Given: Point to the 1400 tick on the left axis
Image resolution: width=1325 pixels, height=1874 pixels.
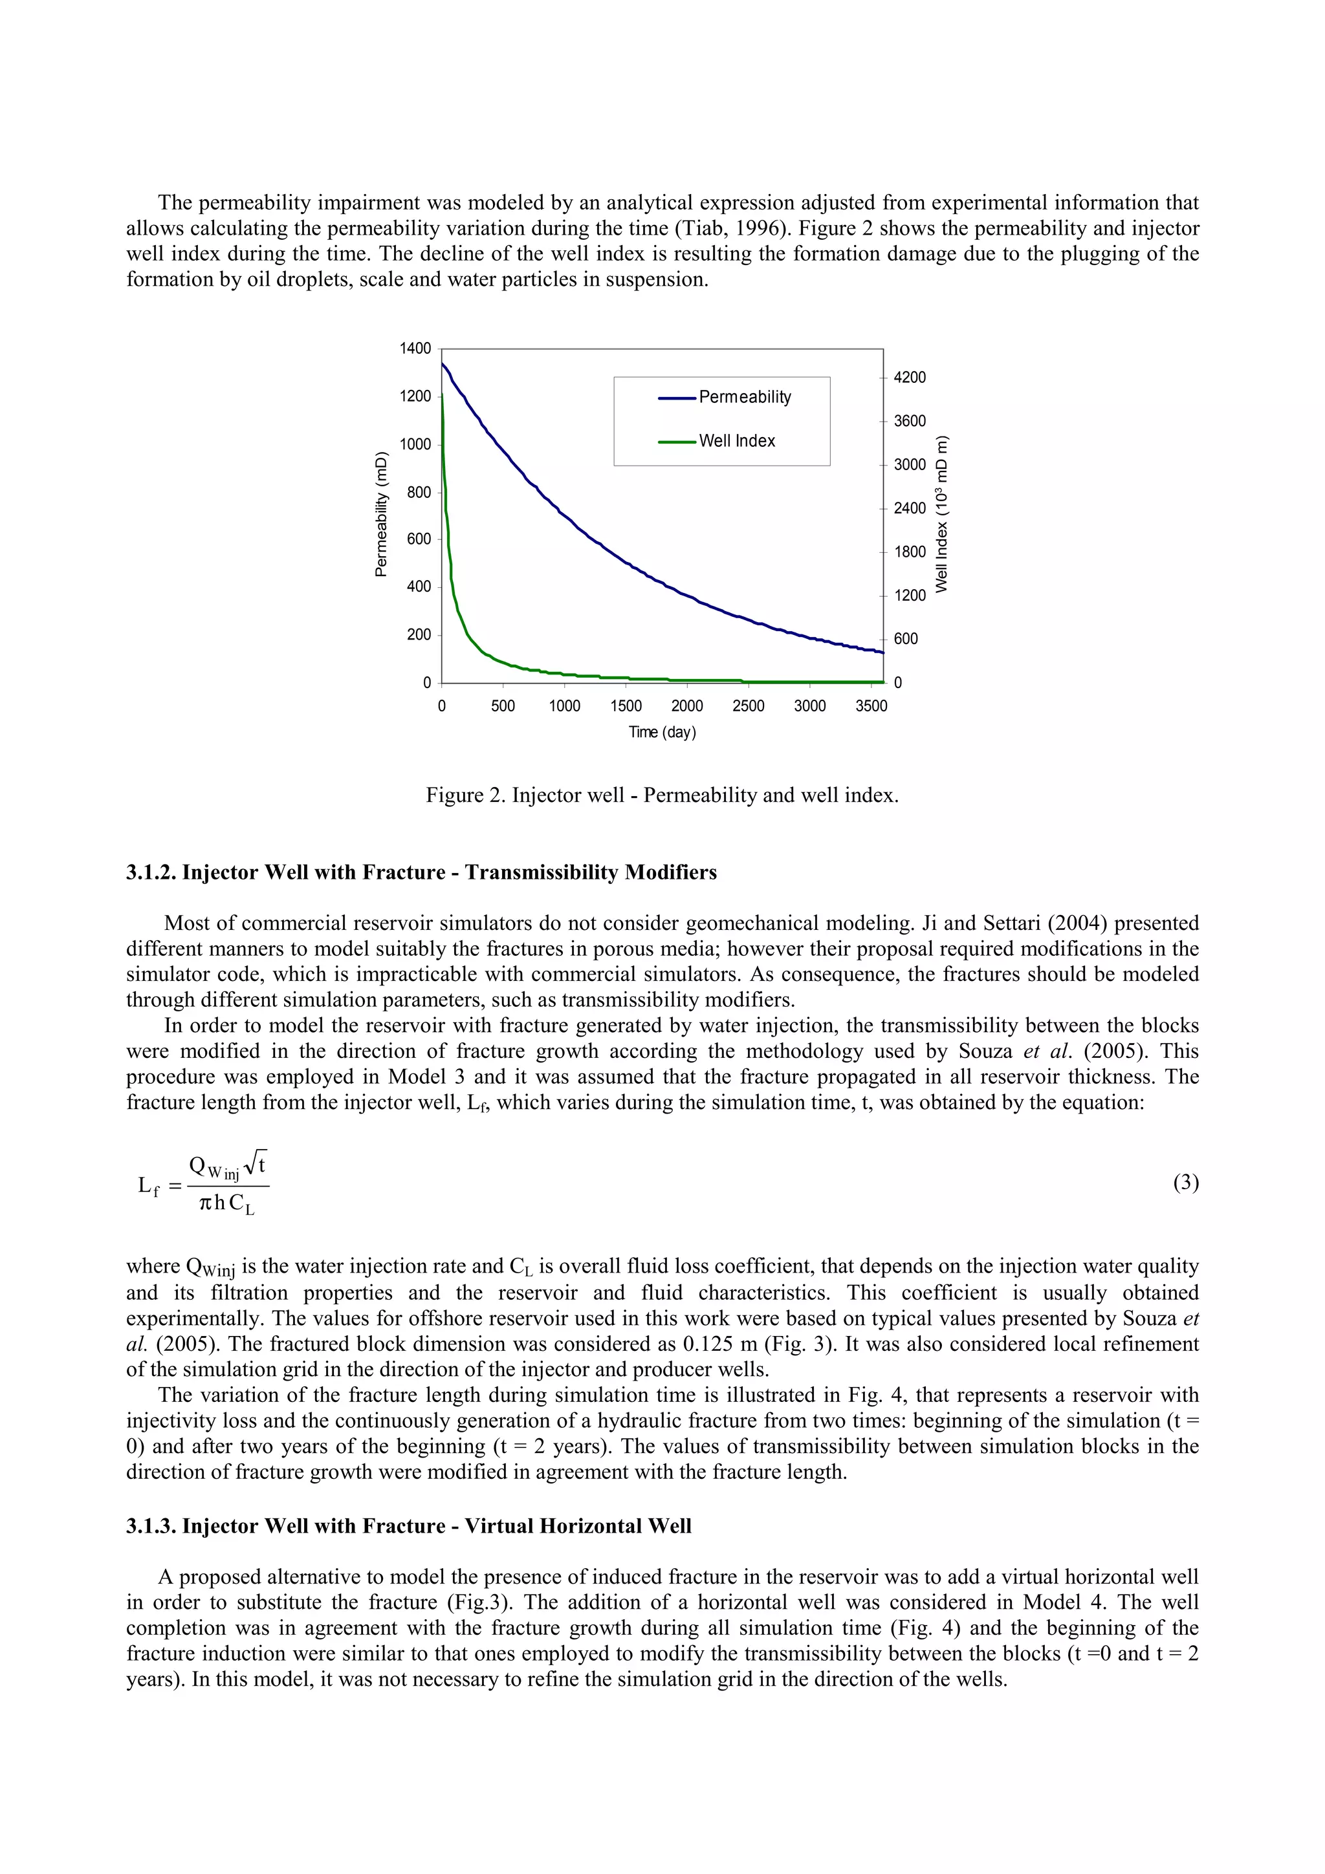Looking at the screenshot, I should tap(415, 349).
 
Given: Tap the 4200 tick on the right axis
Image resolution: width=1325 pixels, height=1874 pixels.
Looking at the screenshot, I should tap(910, 378).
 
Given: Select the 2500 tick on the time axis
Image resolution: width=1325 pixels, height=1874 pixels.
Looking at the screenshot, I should tap(748, 706).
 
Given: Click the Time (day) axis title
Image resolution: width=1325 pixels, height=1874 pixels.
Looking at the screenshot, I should tap(662, 732).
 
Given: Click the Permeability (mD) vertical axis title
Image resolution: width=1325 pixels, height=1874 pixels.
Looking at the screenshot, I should tap(380, 514).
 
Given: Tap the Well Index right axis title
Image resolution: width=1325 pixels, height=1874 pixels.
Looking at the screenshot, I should tap(942, 515).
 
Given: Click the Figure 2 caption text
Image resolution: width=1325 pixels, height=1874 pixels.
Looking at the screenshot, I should tap(662, 795).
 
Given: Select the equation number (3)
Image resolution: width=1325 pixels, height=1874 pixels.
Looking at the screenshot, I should tap(1185, 1183).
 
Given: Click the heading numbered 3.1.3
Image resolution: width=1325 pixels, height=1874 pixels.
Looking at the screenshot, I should tap(408, 1526).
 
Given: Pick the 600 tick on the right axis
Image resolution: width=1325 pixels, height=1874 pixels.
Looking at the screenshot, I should tap(905, 639).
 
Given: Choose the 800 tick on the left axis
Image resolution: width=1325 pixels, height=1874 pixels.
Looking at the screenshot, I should tap(418, 492).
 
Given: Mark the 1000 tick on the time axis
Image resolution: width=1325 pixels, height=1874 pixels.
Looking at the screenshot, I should tap(564, 706).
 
